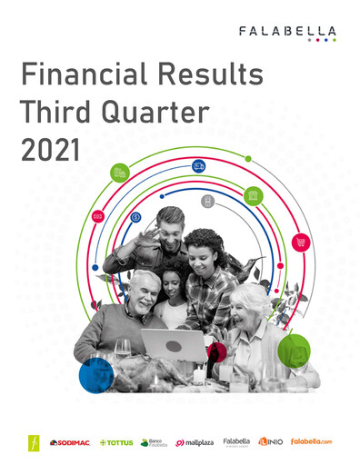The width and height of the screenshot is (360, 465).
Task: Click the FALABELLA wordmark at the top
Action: (287, 31)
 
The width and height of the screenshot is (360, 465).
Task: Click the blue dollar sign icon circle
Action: (135, 217)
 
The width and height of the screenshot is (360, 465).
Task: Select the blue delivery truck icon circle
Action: (198, 165)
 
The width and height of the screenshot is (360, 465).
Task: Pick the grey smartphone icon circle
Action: (207, 201)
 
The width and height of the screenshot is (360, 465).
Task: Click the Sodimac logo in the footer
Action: (68, 442)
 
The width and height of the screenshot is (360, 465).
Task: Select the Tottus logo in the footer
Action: (115, 442)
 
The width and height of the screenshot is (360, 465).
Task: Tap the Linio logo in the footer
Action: (270, 442)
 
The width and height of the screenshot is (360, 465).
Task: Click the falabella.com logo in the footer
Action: (312, 442)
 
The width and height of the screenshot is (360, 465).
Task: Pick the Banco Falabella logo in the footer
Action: (154, 442)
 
